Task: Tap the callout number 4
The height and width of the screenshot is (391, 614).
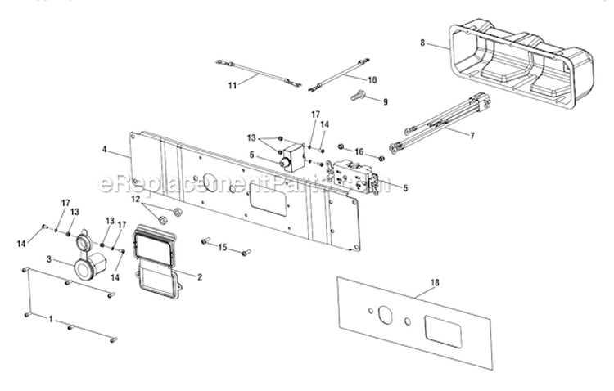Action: coord(104,151)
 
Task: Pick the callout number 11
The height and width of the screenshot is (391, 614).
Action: coord(231,84)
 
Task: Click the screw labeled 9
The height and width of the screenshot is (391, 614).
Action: coord(358,97)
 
